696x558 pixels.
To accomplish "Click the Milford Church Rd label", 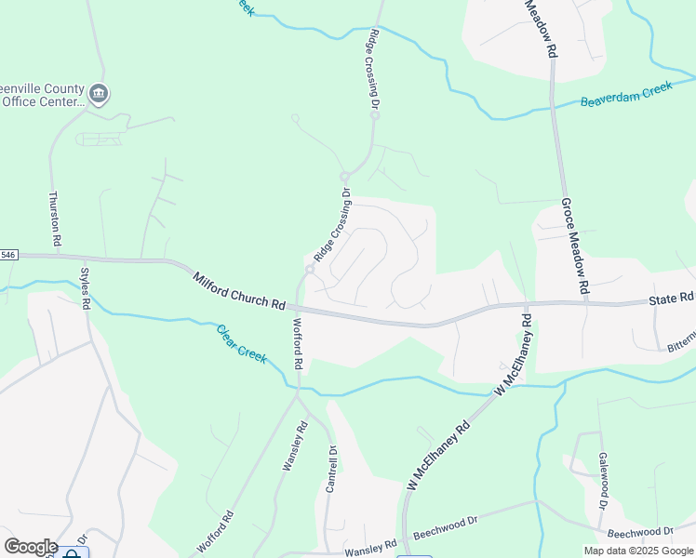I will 239,290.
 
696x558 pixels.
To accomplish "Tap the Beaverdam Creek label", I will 626,95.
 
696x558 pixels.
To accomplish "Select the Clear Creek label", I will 242,342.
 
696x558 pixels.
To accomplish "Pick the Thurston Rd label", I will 55,219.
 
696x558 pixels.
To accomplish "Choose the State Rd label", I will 671,298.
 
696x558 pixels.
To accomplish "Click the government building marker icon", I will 98,93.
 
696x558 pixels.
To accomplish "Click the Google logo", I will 30,547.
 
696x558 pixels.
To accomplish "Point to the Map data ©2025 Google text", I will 639,551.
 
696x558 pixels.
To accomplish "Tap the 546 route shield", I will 8,255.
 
